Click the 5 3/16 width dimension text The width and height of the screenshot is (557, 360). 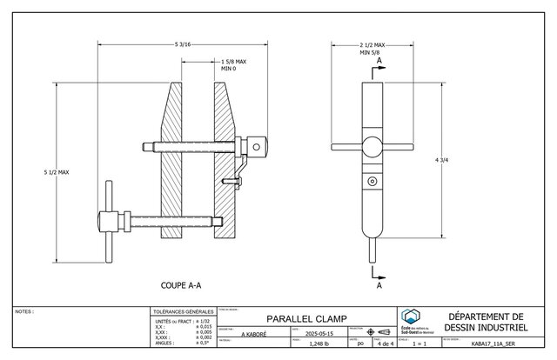click(184, 43)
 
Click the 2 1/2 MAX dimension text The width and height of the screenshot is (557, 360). click(372, 43)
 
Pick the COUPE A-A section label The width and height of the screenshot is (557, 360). click(183, 284)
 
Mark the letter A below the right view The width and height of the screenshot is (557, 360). click(379, 283)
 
